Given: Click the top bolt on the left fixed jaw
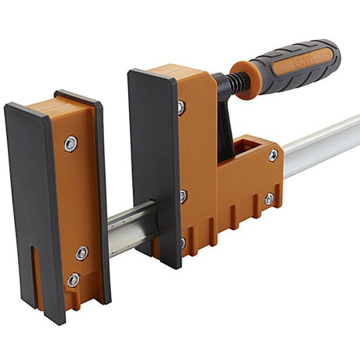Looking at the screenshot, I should tap(70, 143).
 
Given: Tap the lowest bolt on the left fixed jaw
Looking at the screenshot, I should tap(73, 279).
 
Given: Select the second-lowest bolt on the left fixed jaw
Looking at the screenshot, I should tap(82, 253).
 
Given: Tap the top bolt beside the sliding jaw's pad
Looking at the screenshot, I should tap(181, 107).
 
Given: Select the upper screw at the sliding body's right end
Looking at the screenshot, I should tap(273, 155).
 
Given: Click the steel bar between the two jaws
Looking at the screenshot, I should tap(129, 227).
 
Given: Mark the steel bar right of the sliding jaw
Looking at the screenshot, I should tap(321, 145).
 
